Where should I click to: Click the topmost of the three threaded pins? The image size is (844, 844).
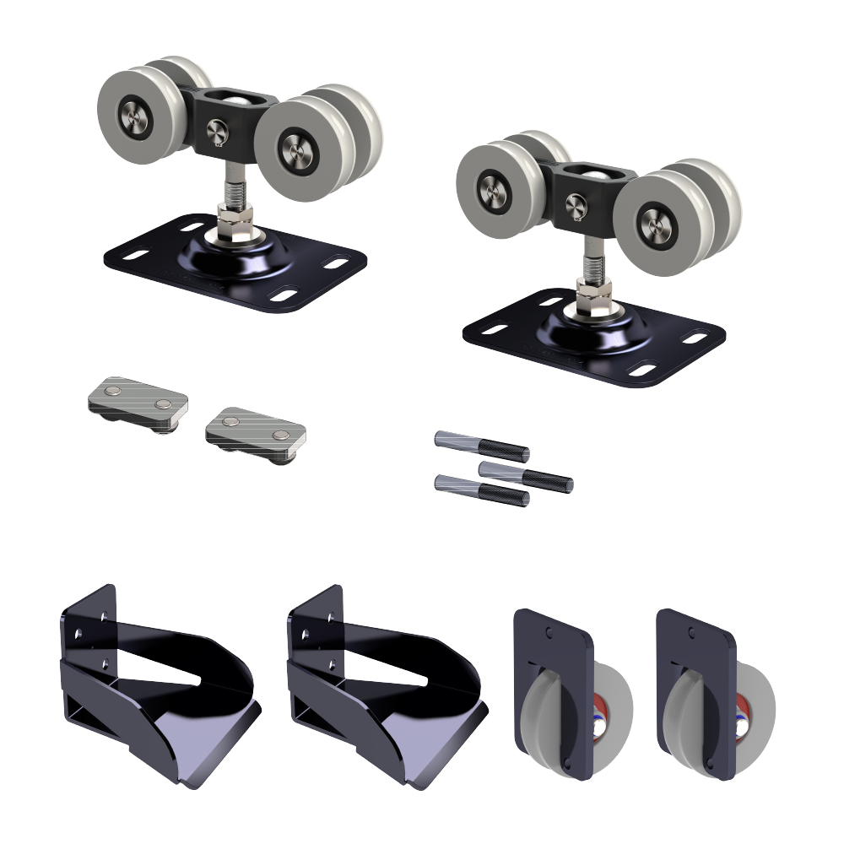point(481,445)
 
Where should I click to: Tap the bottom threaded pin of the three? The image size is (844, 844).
point(481,490)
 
